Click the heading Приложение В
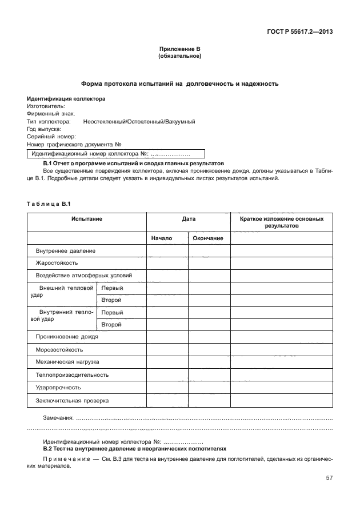point(179,50)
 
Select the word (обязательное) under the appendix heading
point(179,57)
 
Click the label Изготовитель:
point(46,106)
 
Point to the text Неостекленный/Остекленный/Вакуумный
point(139,122)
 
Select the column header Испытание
point(87,219)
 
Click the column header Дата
point(188,219)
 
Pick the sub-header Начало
point(162,238)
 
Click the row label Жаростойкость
point(57,263)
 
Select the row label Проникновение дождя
point(67,337)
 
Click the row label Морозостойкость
point(59,349)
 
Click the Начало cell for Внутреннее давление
point(167,251)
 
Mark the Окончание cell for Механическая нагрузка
point(209,362)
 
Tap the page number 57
point(329,478)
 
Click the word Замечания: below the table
point(59,417)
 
